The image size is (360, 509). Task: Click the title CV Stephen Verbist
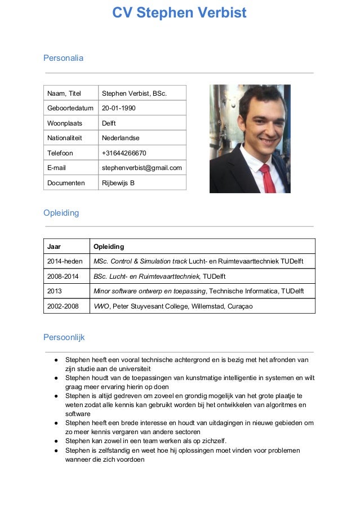pyautogui.click(x=179, y=13)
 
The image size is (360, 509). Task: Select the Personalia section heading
pyautogui.click(x=63, y=58)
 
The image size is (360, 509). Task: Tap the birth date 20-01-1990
pyautogui.click(x=118, y=108)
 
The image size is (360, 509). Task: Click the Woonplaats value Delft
pyautogui.click(x=109, y=123)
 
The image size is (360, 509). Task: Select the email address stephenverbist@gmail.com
pyautogui.click(x=141, y=168)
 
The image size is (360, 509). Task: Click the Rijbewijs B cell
pyautogui.click(x=118, y=182)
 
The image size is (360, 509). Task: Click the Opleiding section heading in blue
pyautogui.click(x=61, y=213)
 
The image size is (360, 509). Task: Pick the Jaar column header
pyautogui.click(x=54, y=247)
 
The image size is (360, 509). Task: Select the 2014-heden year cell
pyautogui.click(x=64, y=261)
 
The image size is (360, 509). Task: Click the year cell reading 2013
pyautogui.click(x=55, y=291)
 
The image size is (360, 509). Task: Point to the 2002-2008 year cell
pyautogui.click(x=63, y=306)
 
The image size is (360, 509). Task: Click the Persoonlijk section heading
pyautogui.click(x=64, y=337)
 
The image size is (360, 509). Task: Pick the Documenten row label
pyautogui.click(x=66, y=182)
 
